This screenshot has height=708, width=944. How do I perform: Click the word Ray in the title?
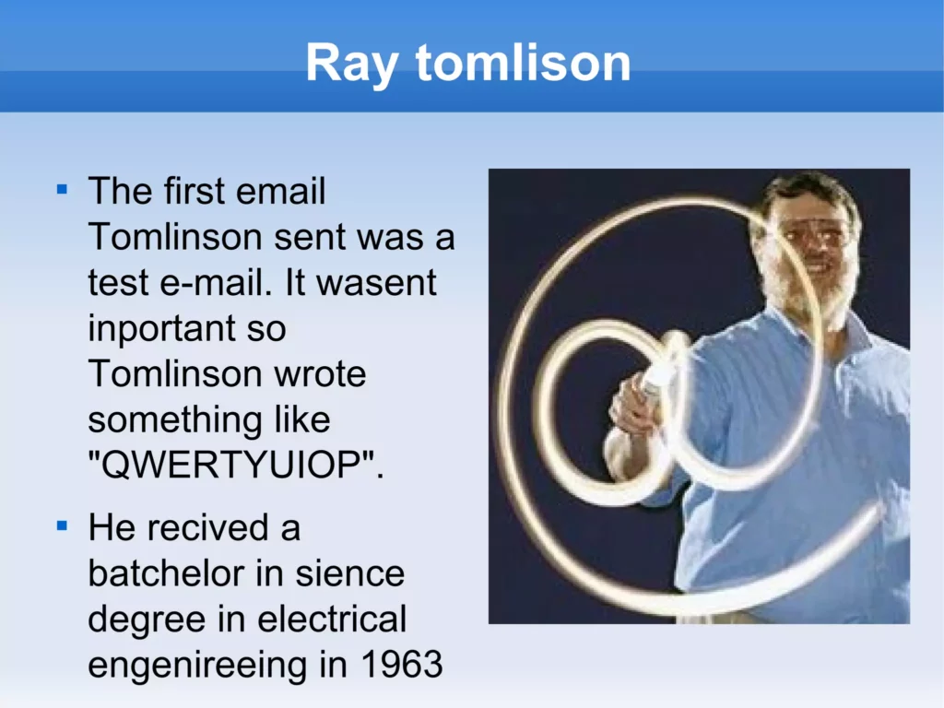point(352,64)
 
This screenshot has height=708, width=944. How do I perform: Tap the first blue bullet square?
point(62,190)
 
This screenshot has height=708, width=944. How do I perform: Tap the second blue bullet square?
point(62,526)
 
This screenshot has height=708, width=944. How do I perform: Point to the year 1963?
point(402,665)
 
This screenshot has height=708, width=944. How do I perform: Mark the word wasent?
point(376,283)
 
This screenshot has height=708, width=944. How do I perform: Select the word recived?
point(207,527)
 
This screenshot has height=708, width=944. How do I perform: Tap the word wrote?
point(320,374)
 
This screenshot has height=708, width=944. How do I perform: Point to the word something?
point(175,421)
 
